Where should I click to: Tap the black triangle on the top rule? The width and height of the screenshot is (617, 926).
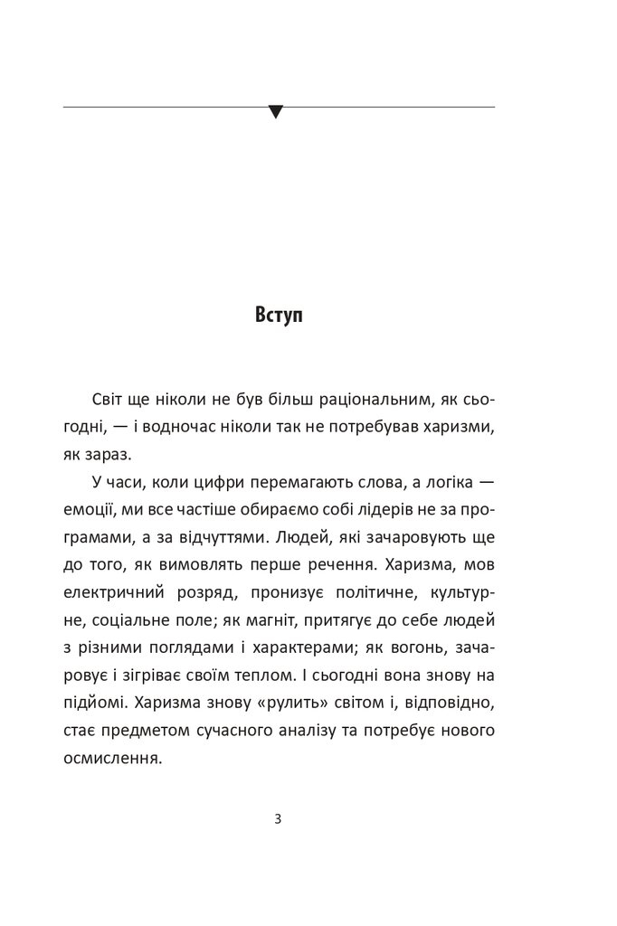pyautogui.click(x=276, y=112)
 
